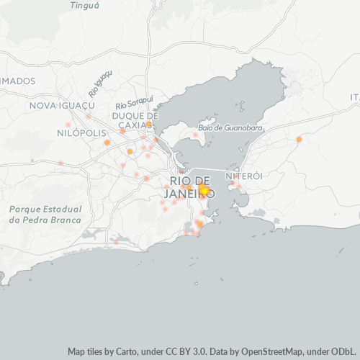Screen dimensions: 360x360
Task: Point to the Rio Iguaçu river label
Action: point(101,84)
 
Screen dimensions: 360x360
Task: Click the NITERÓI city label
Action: point(242,176)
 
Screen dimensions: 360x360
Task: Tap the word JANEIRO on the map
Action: point(190,194)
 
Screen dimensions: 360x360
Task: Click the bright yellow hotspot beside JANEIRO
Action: point(204,190)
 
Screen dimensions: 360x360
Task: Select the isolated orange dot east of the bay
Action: point(299,139)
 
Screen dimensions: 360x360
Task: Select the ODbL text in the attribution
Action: point(343,352)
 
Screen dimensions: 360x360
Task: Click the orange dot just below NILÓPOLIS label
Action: point(107,143)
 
